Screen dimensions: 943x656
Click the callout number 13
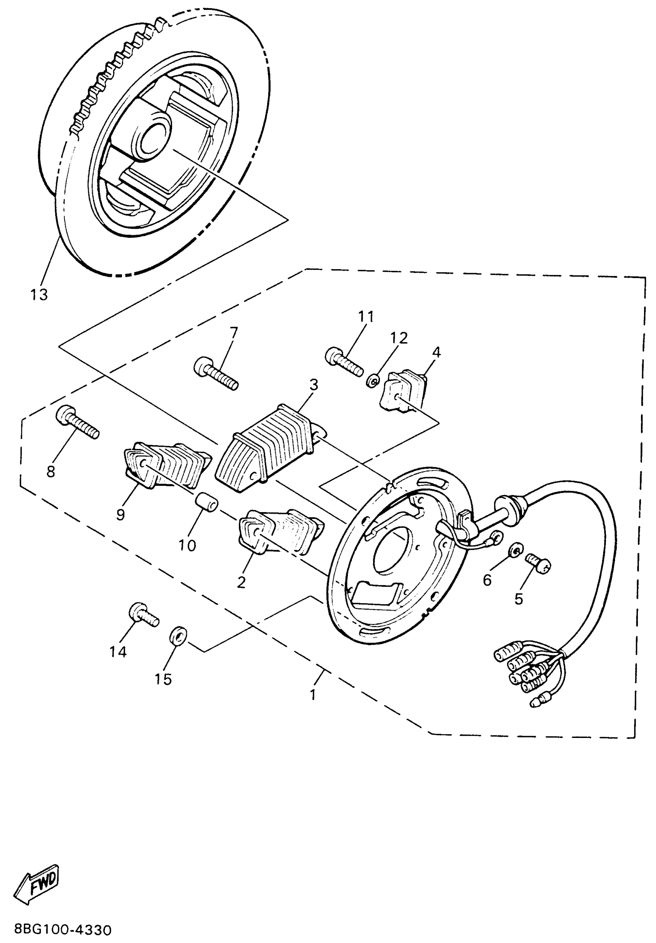(39, 295)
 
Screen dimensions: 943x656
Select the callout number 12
(399, 338)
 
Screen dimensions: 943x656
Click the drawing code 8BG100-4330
(63, 929)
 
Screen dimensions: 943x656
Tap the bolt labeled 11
(344, 362)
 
